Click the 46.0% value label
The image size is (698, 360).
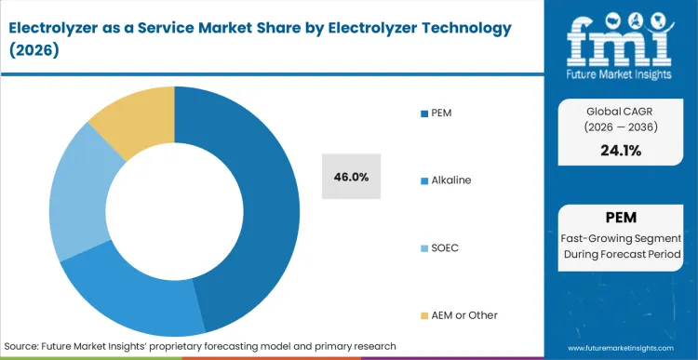click(x=351, y=177)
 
